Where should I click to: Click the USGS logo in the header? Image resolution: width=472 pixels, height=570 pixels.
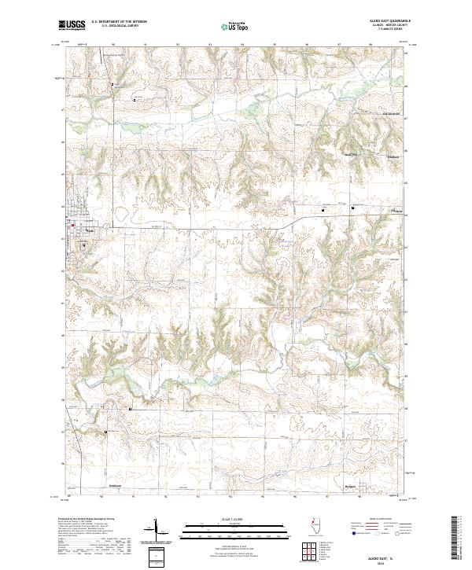pyautogui.click(x=72, y=25)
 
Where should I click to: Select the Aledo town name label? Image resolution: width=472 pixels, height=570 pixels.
pyautogui.click(x=88, y=230)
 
